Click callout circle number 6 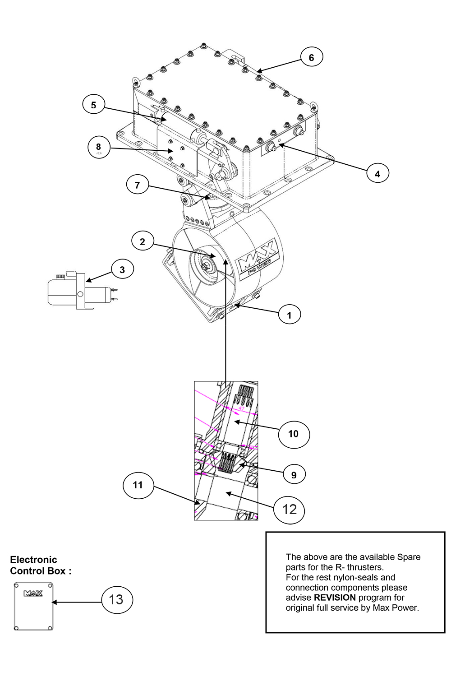pyautogui.click(x=311, y=57)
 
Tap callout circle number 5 pyautogui.click(x=94, y=105)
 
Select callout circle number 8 pyautogui.click(x=98, y=147)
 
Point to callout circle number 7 pyautogui.click(x=138, y=185)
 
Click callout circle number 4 pyautogui.click(x=377, y=173)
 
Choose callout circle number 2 pyautogui.click(x=143, y=241)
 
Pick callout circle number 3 pyautogui.click(x=122, y=270)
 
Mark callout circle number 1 pyautogui.click(x=290, y=315)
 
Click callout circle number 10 pyautogui.click(x=293, y=434)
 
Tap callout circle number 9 pyautogui.click(x=294, y=474)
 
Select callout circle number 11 pyautogui.click(x=138, y=485)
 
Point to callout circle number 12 pyautogui.click(x=290, y=510)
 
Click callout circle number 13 pyautogui.click(x=116, y=599)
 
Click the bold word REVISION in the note pyautogui.click(x=335, y=598)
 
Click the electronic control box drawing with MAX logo pyautogui.click(x=34, y=606)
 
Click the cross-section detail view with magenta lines pyautogui.click(x=226, y=451)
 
